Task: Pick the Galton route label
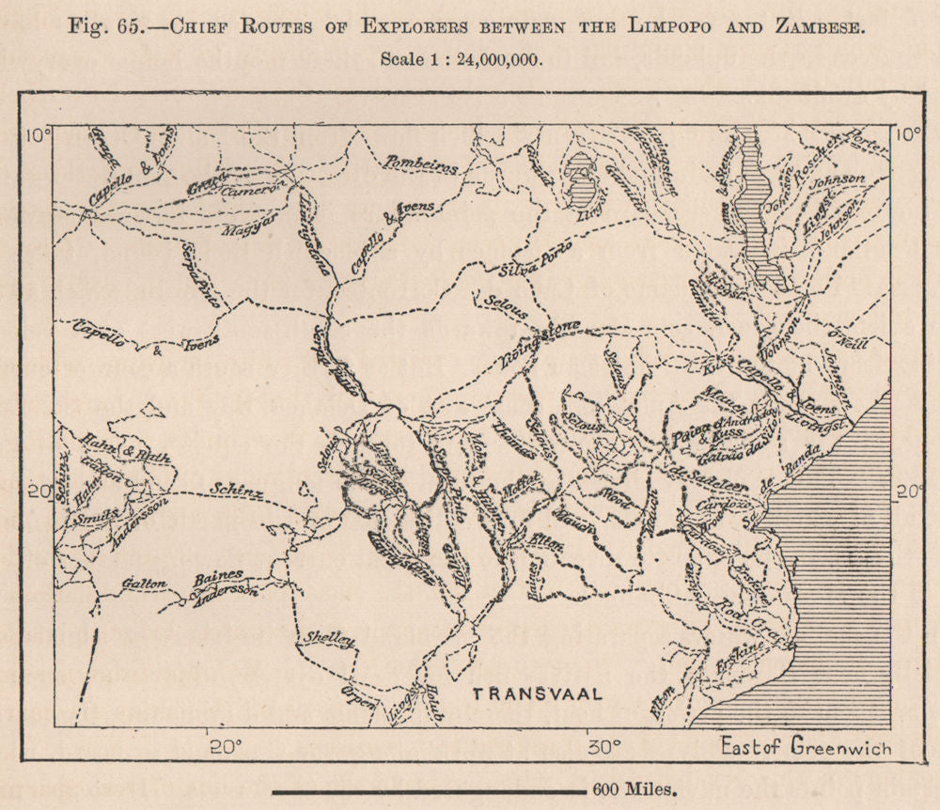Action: tap(144, 584)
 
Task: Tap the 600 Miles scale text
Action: tap(634, 790)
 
